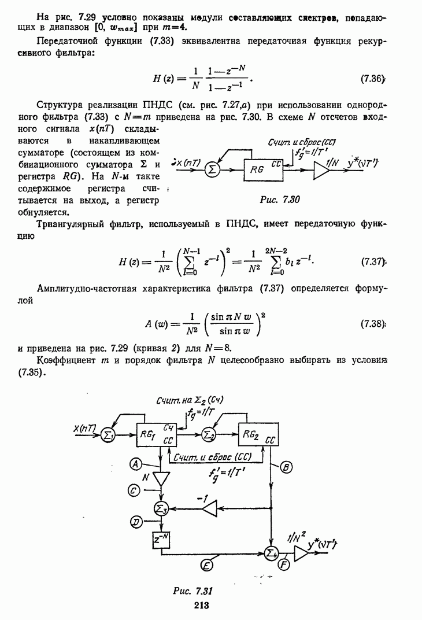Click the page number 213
click(201, 606)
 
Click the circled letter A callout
click(135, 463)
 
